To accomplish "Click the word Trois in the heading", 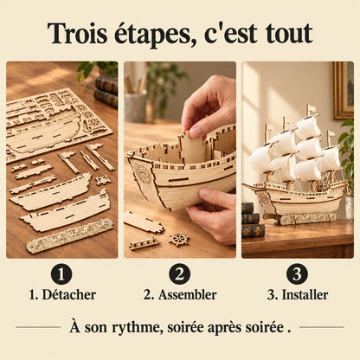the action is [77, 34].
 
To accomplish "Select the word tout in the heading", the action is [289, 34].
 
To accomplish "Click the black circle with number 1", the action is [61, 273].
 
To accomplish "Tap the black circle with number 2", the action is [179, 273].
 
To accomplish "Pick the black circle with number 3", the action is [297, 273].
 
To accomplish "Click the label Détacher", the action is [69, 295].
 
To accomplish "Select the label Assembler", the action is [187, 295].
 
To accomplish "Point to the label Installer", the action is [305, 295].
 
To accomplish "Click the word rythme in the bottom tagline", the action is [136, 328].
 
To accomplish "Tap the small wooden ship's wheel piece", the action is [179, 240].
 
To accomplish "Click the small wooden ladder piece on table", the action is [144, 243].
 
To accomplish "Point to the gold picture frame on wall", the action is [344, 90].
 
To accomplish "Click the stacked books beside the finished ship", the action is [253, 220].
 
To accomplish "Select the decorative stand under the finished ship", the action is [306, 219].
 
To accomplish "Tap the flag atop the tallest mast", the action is [312, 109].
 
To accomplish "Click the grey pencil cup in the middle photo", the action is [135, 106].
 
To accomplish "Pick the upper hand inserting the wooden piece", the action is [209, 106].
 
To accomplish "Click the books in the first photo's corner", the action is [106, 92].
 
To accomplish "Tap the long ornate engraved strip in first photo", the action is [70, 235].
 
